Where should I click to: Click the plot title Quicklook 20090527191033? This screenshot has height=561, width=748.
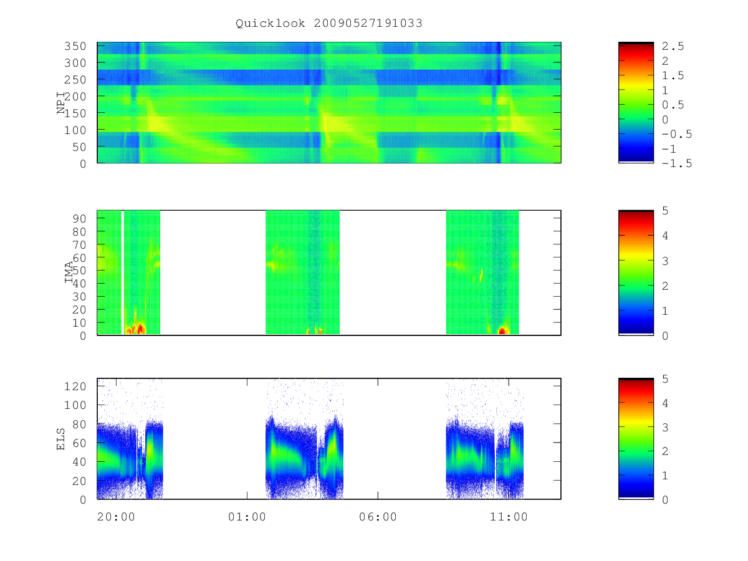coord(329,23)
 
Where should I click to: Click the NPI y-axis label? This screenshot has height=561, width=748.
coord(60,103)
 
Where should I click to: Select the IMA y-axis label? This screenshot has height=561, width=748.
coord(69,272)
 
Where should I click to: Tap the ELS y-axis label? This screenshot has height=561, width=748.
coord(60,439)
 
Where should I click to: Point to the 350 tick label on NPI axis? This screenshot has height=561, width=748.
coord(75,46)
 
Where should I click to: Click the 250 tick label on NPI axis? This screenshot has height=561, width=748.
coord(75,80)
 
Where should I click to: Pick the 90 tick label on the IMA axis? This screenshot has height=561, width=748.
coord(79,219)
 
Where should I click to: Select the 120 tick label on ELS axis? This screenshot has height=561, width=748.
coord(75,386)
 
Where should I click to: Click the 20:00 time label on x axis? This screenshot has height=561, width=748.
coord(116,517)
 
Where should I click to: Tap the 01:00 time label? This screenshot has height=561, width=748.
coord(247,517)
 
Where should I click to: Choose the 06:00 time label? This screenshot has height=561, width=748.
coord(378,517)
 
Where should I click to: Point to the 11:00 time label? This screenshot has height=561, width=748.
coord(509,517)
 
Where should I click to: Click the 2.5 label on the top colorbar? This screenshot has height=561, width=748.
coord(673,46)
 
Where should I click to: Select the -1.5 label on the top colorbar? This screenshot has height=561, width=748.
coord(677,163)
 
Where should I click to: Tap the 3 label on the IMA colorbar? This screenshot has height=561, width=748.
coord(665,261)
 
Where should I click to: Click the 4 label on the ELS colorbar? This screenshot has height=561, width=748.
coord(665,403)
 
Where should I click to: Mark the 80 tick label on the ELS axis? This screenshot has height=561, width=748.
coord(79,424)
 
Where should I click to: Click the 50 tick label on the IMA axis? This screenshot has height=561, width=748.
coord(79,271)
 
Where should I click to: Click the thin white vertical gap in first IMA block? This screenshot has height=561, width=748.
coord(122,272)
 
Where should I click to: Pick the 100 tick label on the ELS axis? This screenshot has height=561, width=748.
coord(75,405)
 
